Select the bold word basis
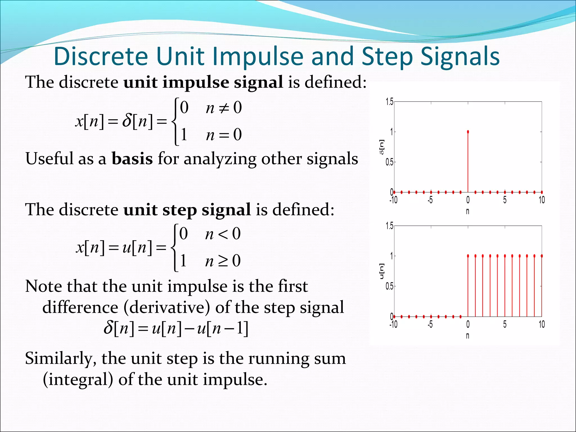tap(132, 159)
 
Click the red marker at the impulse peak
tap(468, 132)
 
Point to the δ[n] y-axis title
tap(382, 147)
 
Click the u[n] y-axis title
tap(382, 271)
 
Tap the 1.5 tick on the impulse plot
tap(390, 102)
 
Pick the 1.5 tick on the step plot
tap(390, 226)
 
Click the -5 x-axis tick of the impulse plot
tap(430, 200)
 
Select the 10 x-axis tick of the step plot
tap(542, 325)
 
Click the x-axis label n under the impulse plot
tap(467, 211)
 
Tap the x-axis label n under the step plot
tap(467, 336)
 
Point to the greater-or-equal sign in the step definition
tap(223, 261)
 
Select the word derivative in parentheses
tap(170, 307)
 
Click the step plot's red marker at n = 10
tap(542, 256)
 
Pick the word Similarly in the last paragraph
tap(60, 359)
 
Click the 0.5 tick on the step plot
tap(390, 287)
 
